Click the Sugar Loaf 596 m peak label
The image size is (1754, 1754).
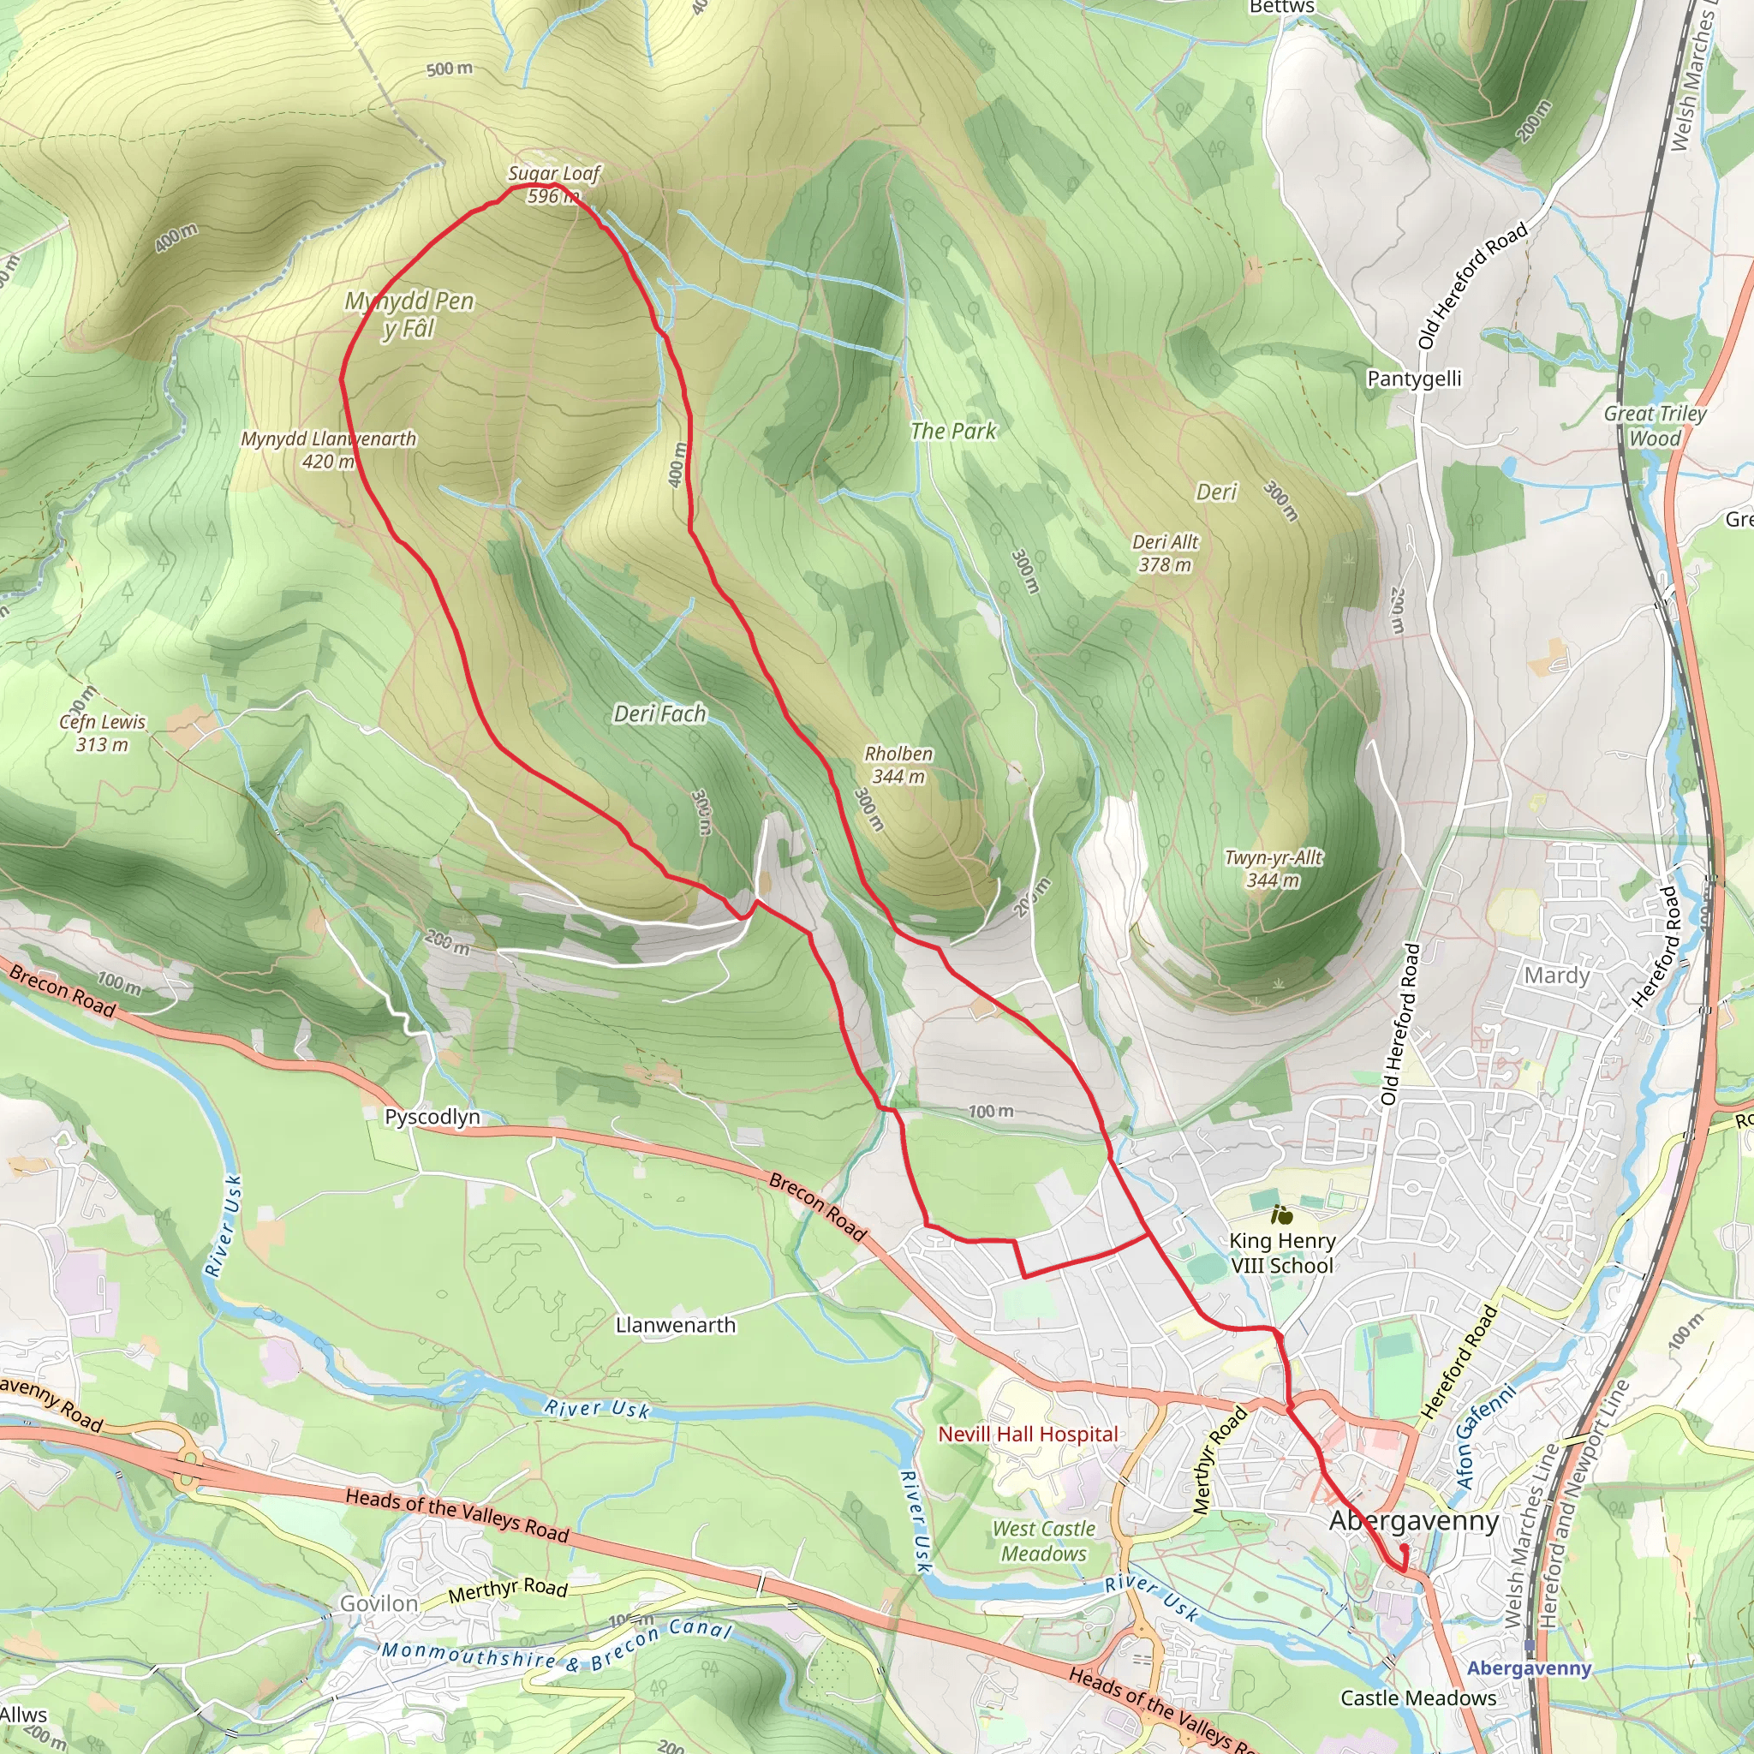click(553, 184)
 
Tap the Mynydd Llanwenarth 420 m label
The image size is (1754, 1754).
click(328, 450)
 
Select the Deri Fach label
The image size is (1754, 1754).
click(659, 714)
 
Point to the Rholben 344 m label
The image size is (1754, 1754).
click(898, 766)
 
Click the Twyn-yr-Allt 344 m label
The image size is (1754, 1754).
click(1273, 868)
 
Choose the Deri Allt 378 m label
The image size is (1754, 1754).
click(1165, 553)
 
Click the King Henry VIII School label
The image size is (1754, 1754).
click(1281, 1253)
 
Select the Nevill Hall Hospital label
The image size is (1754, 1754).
click(1028, 1435)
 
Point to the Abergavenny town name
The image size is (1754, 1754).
click(1413, 1521)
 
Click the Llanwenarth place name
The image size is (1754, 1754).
click(676, 1325)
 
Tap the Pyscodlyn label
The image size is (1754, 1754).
click(433, 1117)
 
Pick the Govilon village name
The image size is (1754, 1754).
click(379, 1604)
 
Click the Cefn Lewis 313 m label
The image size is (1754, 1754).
click(102, 732)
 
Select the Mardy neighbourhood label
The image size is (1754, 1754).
click(1556, 976)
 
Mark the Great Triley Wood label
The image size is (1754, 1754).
click(1654, 426)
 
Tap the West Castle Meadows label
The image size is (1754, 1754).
click(1043, 1541)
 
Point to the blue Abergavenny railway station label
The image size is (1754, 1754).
click(1529, 1668)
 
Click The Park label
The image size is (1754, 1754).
click(952, 432)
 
